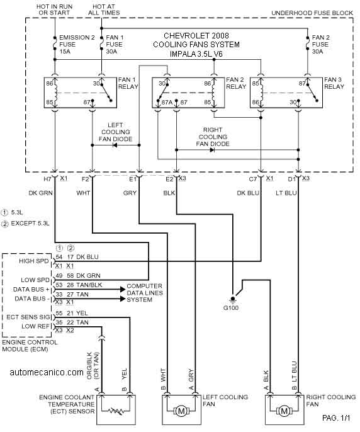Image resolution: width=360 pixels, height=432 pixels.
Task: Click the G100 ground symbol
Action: pos(233,299)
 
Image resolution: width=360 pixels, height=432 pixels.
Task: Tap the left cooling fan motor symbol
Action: pos(181,411)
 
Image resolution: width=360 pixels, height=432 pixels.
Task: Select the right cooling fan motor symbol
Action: pos(284,411)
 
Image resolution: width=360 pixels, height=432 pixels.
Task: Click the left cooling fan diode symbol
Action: pos(115,145)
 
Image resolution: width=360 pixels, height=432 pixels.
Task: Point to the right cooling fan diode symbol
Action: pos(212,150)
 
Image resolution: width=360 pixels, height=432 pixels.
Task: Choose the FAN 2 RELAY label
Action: pos(236,83)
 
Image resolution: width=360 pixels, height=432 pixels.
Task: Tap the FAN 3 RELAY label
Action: pos(334,83)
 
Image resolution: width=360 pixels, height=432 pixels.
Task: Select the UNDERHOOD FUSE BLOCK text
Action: pos(312,13)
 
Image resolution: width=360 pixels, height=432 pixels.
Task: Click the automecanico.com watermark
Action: pos(47,373)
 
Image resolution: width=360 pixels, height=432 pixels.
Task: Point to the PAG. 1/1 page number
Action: pos(336,418)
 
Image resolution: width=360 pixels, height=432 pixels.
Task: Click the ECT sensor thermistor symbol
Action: pos(116,411)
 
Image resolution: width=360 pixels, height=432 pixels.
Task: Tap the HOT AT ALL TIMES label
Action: pos(104,9)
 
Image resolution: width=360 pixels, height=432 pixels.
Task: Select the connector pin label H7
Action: pos(47,179)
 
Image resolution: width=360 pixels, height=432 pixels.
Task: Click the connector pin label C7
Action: pos(253,179)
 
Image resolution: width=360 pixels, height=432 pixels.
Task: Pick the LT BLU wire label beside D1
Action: pos(286,193)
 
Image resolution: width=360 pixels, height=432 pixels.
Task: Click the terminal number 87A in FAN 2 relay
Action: pos(167,102)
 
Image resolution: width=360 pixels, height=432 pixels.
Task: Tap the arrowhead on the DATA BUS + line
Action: pos(123,289)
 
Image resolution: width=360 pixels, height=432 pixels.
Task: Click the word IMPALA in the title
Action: pos(183,54)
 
